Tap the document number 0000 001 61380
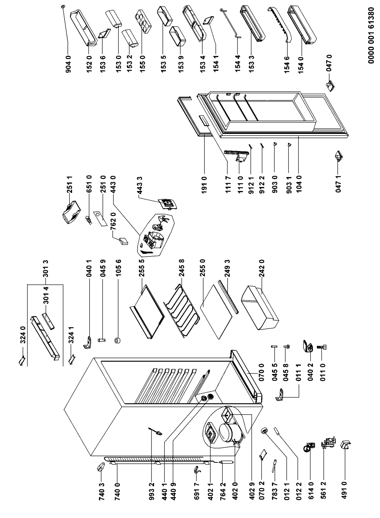click(x=371, y=35)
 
